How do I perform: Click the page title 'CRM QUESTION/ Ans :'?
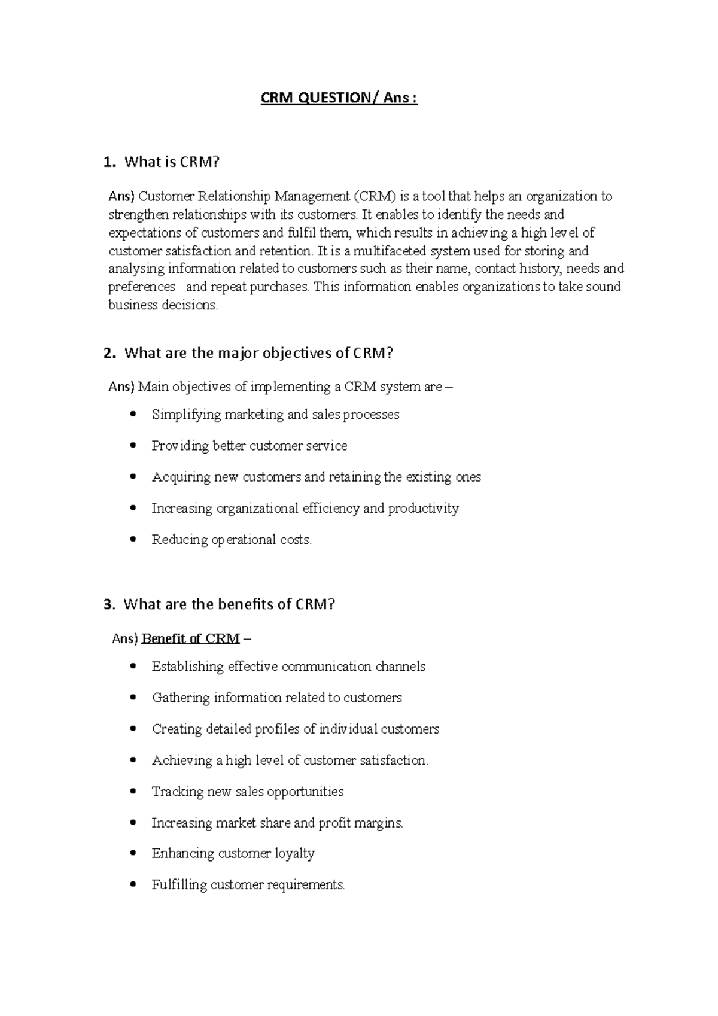point(339,98)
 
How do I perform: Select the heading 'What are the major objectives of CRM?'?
point(258,353)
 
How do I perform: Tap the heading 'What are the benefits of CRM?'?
point(229,604)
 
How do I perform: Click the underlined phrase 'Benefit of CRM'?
point(190,638)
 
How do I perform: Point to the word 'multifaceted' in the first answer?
point(387,251)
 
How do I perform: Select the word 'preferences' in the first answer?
point(142,287)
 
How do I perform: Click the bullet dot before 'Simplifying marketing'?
point(133,414)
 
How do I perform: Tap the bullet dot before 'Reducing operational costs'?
point(133,539)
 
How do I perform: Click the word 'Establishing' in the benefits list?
point(188,667)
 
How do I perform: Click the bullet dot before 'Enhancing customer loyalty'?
point(133,853)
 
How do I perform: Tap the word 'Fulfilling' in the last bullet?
point(179,884)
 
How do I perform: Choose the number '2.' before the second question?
point(109,353)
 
